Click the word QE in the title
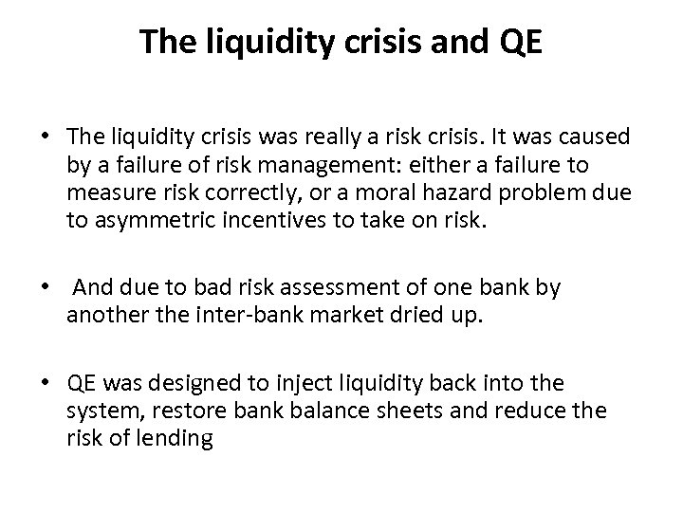519,42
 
